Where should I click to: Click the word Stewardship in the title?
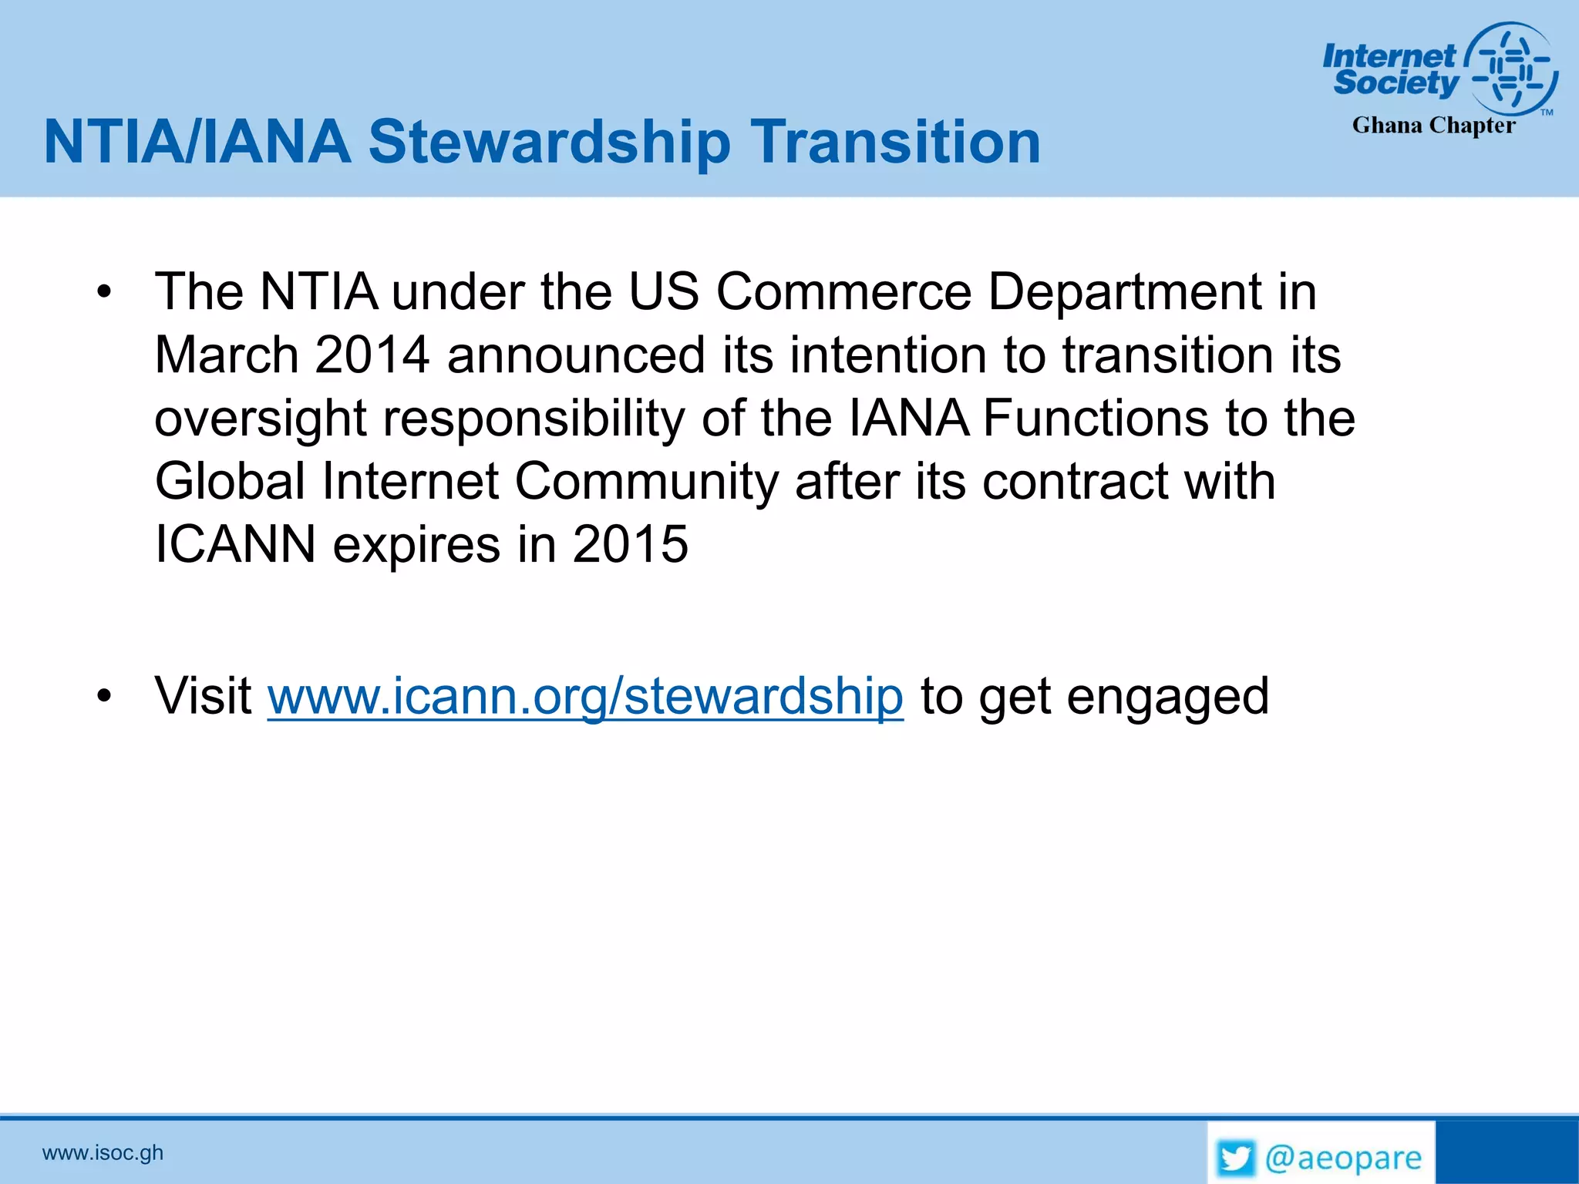(549, 143)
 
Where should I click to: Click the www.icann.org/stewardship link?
(585, 696)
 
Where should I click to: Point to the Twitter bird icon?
(1235, 1159)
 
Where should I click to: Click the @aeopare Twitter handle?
(1343, 1159)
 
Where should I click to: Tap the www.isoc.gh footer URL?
(103, 1153)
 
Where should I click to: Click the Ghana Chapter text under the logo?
(1433, 126)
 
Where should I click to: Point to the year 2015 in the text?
(630, 544)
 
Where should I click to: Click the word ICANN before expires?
(235, 544)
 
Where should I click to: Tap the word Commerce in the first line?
(844, 292)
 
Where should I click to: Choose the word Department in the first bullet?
(1124, 292)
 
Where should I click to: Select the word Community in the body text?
(647, 482)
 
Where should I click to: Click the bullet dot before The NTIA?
(105, 293)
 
